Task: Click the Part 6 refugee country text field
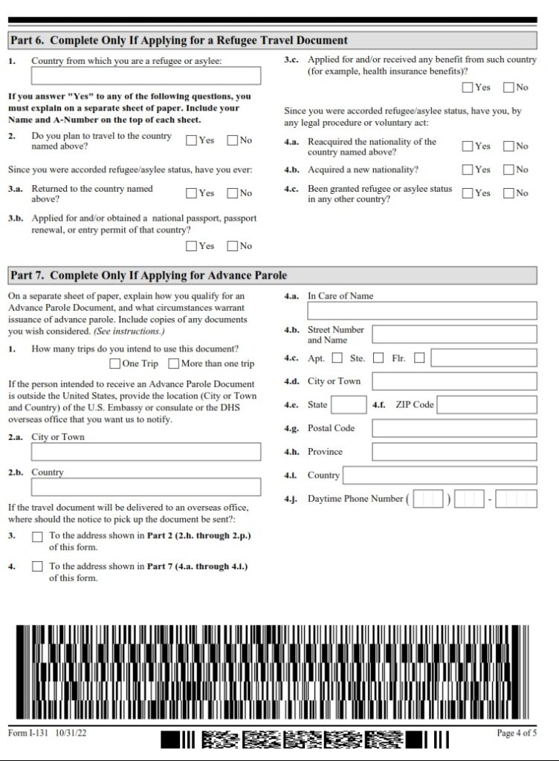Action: point(146,76)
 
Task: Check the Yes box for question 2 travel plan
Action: point(191,140)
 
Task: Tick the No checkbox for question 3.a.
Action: point(233,193)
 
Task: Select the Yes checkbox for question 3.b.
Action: point(191,246)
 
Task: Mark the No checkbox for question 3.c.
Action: point(508,88)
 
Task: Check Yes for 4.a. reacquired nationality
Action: point(468,146)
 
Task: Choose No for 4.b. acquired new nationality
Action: point(508,169)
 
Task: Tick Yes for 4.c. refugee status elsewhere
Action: point(468,193)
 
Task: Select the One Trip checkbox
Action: point(114,363)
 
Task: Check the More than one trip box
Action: point(173,363)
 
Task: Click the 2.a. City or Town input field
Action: point(146,452)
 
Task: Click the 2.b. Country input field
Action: point(146,487)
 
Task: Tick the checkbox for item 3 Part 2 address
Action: point(37,537)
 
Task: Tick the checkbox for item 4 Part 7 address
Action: point(37,567)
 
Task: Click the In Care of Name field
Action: point(421,311)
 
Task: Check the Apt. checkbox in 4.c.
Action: point(337,358)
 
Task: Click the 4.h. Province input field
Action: point(453,452)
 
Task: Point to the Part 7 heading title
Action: point(148,276)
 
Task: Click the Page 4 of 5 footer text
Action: point(516,734)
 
